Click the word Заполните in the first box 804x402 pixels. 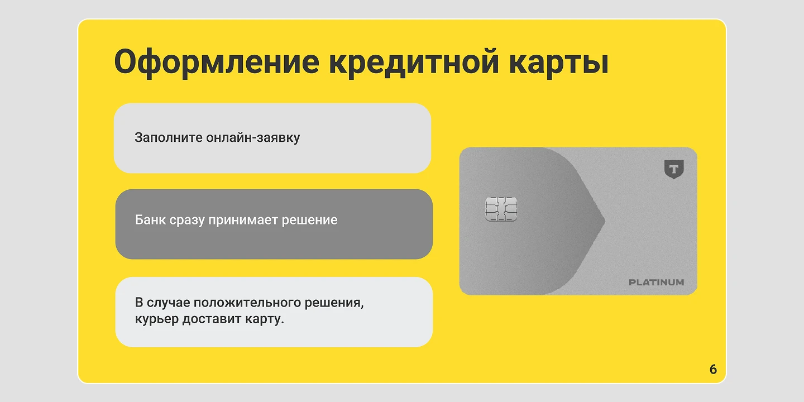point(168,137)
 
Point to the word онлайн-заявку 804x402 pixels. point(253,137)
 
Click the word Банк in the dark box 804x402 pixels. point(150,220)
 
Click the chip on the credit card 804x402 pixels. point(501,209)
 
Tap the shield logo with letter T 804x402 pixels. point(674,169)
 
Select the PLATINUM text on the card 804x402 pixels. point(656,283)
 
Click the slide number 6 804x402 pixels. point(713,369)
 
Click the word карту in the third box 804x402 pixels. point(265,320)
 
